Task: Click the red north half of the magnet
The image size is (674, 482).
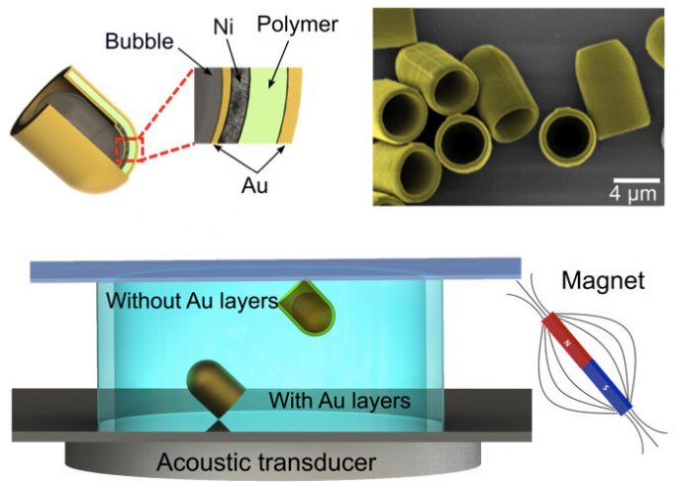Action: coord(565,340)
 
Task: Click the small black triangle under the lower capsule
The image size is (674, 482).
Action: coord(217,424)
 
